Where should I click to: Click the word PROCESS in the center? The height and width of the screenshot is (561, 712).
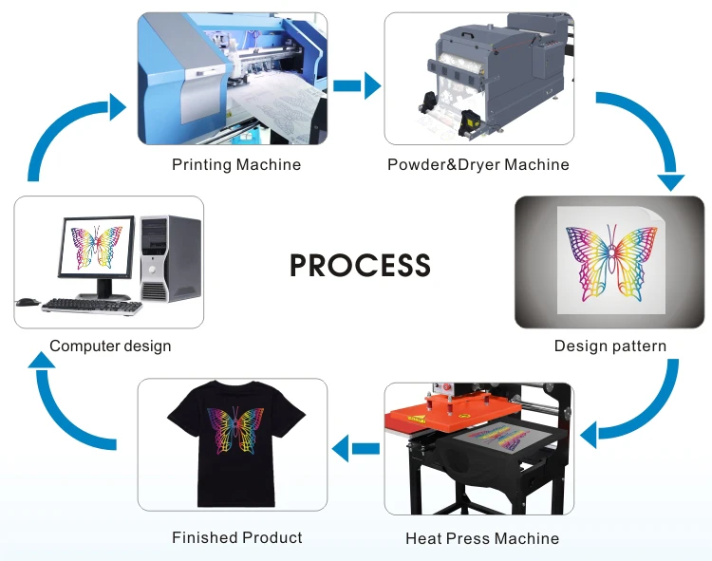click(x=360, y=265)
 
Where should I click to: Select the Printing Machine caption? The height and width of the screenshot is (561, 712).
click(x=236, y=165)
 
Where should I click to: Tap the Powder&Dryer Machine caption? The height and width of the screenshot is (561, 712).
click(x=478, y=165)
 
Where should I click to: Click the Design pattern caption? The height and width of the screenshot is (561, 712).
click(x=610, y=346)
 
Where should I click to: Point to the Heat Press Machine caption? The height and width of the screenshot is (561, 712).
click(x=482, y=538)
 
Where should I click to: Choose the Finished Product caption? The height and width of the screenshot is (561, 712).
click(x=237, y=538)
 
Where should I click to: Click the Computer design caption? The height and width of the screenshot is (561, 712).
click(x=110, y=346)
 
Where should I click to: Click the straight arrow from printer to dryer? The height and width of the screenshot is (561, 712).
click(x=356, y=86)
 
